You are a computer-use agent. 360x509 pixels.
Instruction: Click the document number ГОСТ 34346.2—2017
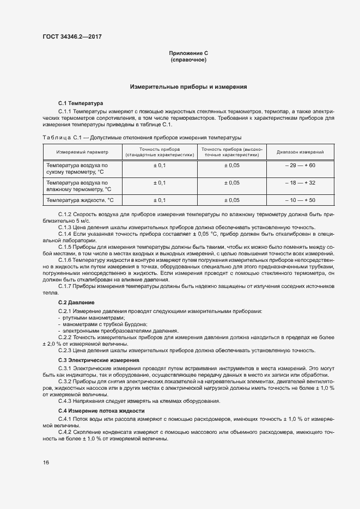click(71, 38)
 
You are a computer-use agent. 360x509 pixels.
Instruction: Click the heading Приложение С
click(188, 53)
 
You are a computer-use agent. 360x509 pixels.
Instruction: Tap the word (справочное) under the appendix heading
click(188, 59)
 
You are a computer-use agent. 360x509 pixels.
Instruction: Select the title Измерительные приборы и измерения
click(188, 87)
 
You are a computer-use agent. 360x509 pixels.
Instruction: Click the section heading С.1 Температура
click(77, 103)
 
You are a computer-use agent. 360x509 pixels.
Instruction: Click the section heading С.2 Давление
click(76, 302)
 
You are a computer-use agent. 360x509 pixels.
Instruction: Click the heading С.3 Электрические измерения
click(99, 360)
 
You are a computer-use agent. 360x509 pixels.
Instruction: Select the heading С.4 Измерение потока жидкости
click(101, 410)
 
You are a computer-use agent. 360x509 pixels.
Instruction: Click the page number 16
click(46, 462)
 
